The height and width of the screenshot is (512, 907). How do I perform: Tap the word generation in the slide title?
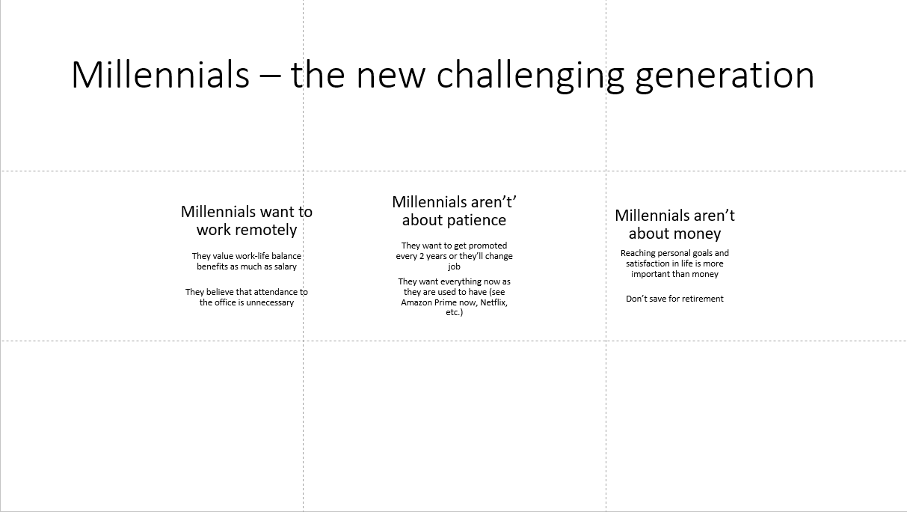point(725,76)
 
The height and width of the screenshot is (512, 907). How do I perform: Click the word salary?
point(285,266)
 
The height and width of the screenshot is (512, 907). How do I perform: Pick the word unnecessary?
point(267,302)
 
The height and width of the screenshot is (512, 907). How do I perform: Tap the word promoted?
point(486,246)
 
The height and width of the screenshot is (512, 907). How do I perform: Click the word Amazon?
point(416,302)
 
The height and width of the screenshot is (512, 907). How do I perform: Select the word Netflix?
point(494,302)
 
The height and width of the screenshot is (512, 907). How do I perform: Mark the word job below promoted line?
point(454,266)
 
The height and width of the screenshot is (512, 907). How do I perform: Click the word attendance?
point(276,292)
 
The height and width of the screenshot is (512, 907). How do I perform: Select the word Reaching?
point(638,253)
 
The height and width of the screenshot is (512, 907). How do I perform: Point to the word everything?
point(458,281)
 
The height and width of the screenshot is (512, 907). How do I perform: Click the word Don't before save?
point(636,299)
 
